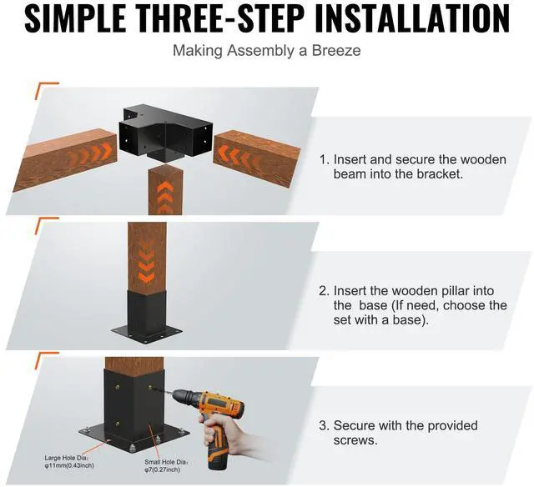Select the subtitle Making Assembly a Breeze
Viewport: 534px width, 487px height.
click(x=266, y=50)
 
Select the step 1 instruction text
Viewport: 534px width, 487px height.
click(x=413, y=167)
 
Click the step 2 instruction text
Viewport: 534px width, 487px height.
click(x=413, y=305)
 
